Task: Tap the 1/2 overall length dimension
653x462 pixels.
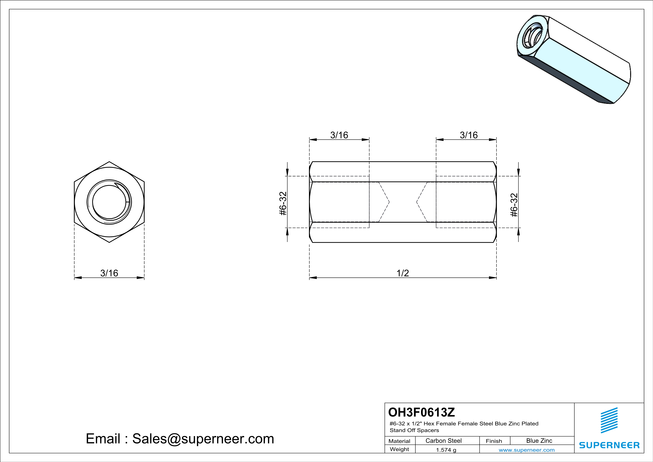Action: [x=403, y=273]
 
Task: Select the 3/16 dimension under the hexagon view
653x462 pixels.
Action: [x=109, y=273]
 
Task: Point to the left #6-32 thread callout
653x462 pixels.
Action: [x=283, y=204]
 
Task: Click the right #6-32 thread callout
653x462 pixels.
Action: [x=514, y=205]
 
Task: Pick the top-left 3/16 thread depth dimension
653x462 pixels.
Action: [x=339, y=135]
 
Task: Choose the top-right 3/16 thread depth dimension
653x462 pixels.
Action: [x=469, y=135]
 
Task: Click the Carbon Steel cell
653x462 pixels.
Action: [x=443, y=441]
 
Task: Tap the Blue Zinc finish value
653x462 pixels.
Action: [x=539, y=441]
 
